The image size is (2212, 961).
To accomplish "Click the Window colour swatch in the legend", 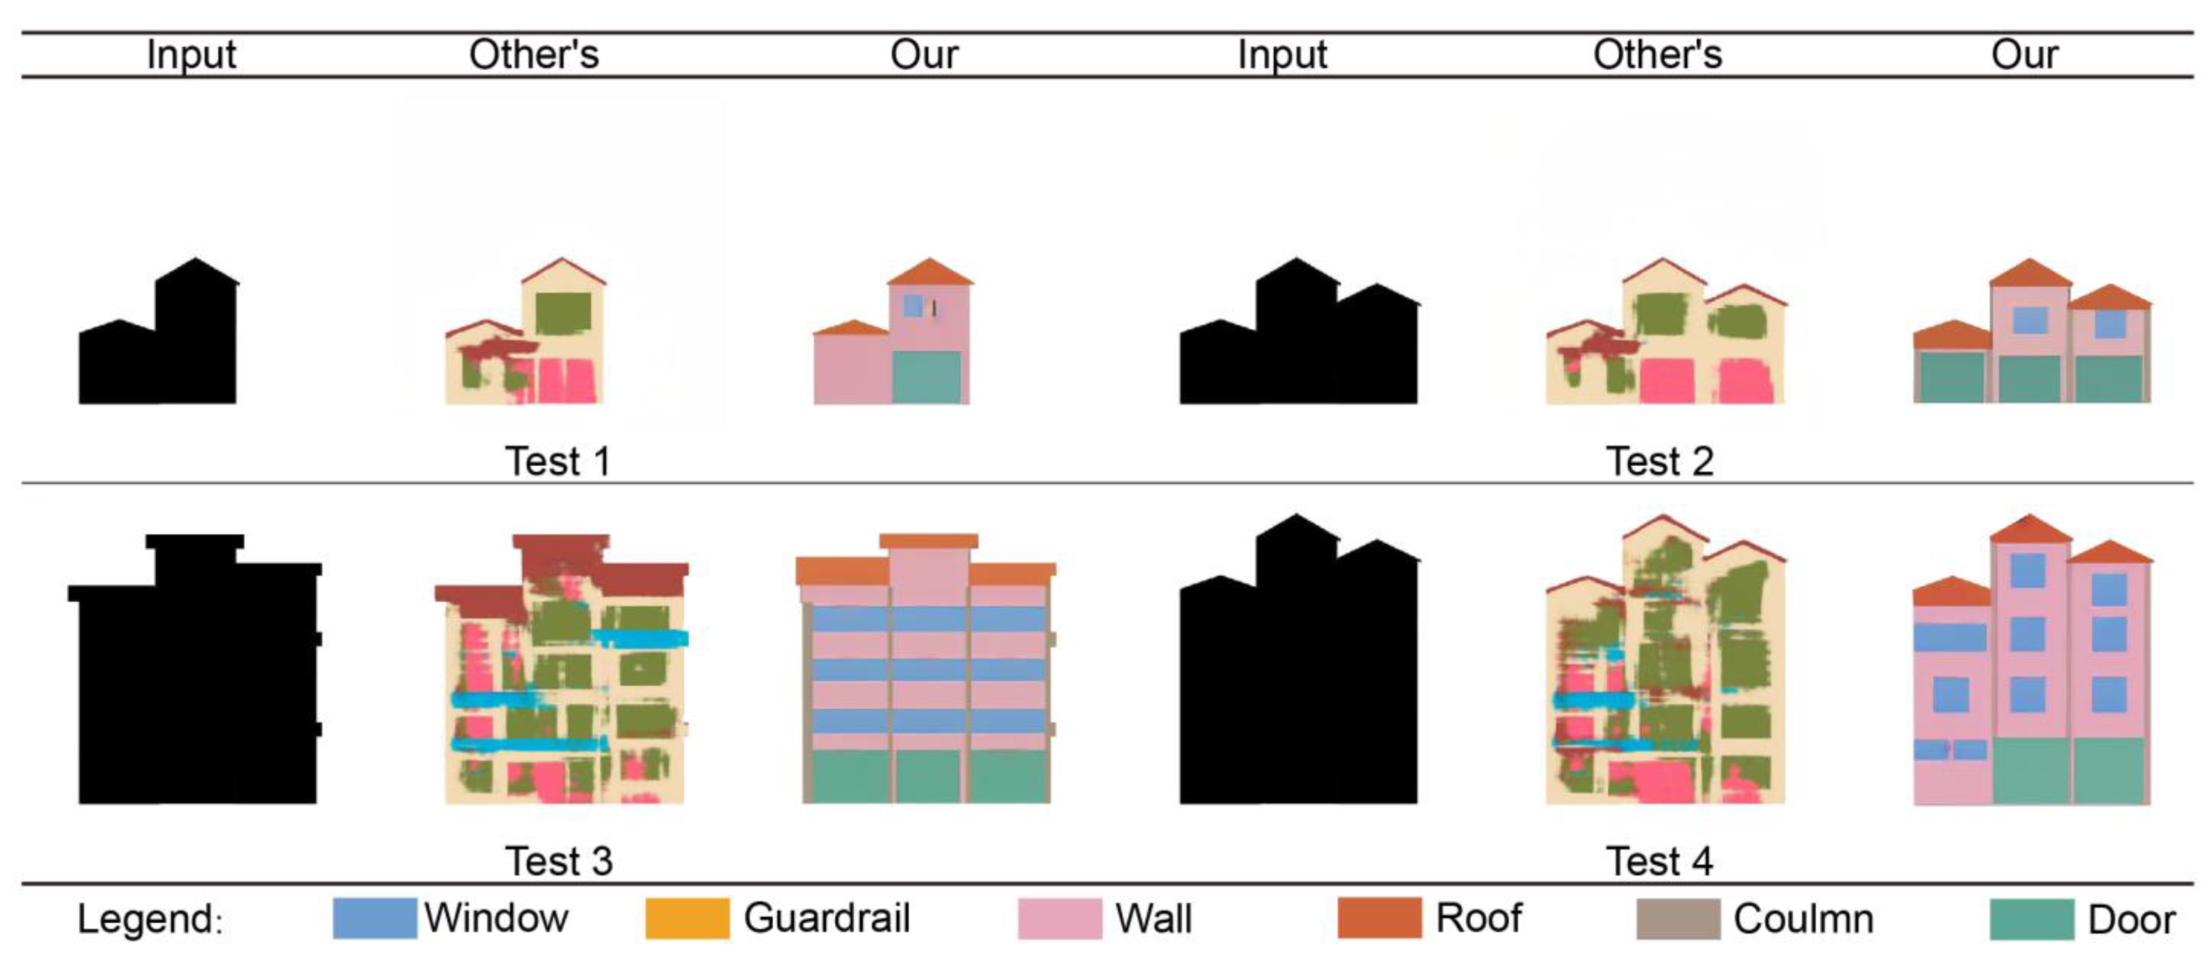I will point(374,918).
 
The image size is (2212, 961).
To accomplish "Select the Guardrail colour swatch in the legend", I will point(687,918).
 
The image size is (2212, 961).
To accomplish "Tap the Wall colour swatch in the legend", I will point(1060,918).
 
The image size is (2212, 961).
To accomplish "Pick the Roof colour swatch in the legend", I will point(1379,918).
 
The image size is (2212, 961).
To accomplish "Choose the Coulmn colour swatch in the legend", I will point(1678,919).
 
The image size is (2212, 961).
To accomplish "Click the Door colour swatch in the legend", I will point(2032,919).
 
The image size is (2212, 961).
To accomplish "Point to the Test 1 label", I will point(558,461).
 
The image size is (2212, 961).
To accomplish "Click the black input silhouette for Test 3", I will point(196,687).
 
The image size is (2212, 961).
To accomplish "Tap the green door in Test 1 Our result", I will point(926,377).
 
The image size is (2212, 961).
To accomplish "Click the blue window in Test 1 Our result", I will point(913,305).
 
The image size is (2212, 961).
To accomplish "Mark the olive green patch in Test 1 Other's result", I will point(563,314).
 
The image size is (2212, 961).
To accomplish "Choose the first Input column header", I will point(191,54).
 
